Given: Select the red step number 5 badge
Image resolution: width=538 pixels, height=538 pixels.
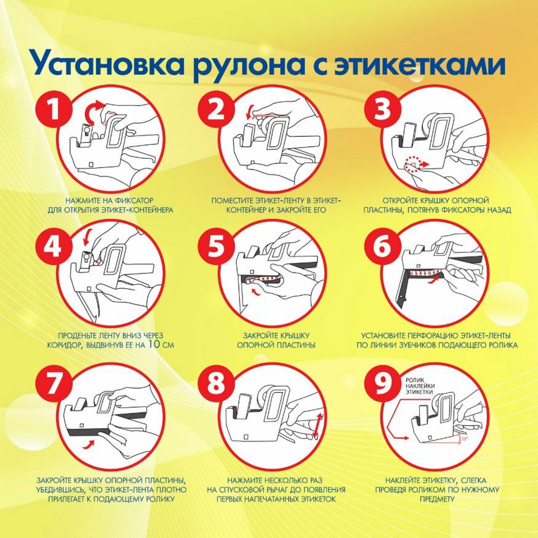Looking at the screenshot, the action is click(x=216, y=246).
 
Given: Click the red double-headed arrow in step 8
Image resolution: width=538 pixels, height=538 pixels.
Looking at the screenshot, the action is click(x=318, y=426).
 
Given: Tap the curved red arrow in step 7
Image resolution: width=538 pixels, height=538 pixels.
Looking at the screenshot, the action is click(x=89, y=444).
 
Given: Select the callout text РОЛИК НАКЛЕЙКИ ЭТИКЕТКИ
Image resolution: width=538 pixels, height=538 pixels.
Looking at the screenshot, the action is click(x=420, y=386).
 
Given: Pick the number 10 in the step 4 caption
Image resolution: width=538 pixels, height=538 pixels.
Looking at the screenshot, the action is click(x=154, y=344).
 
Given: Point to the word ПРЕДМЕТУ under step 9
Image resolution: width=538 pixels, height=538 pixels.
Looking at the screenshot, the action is click(x=437, y=499).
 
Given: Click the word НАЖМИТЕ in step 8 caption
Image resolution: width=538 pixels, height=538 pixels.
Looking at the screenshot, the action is click(x=244, y=480).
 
